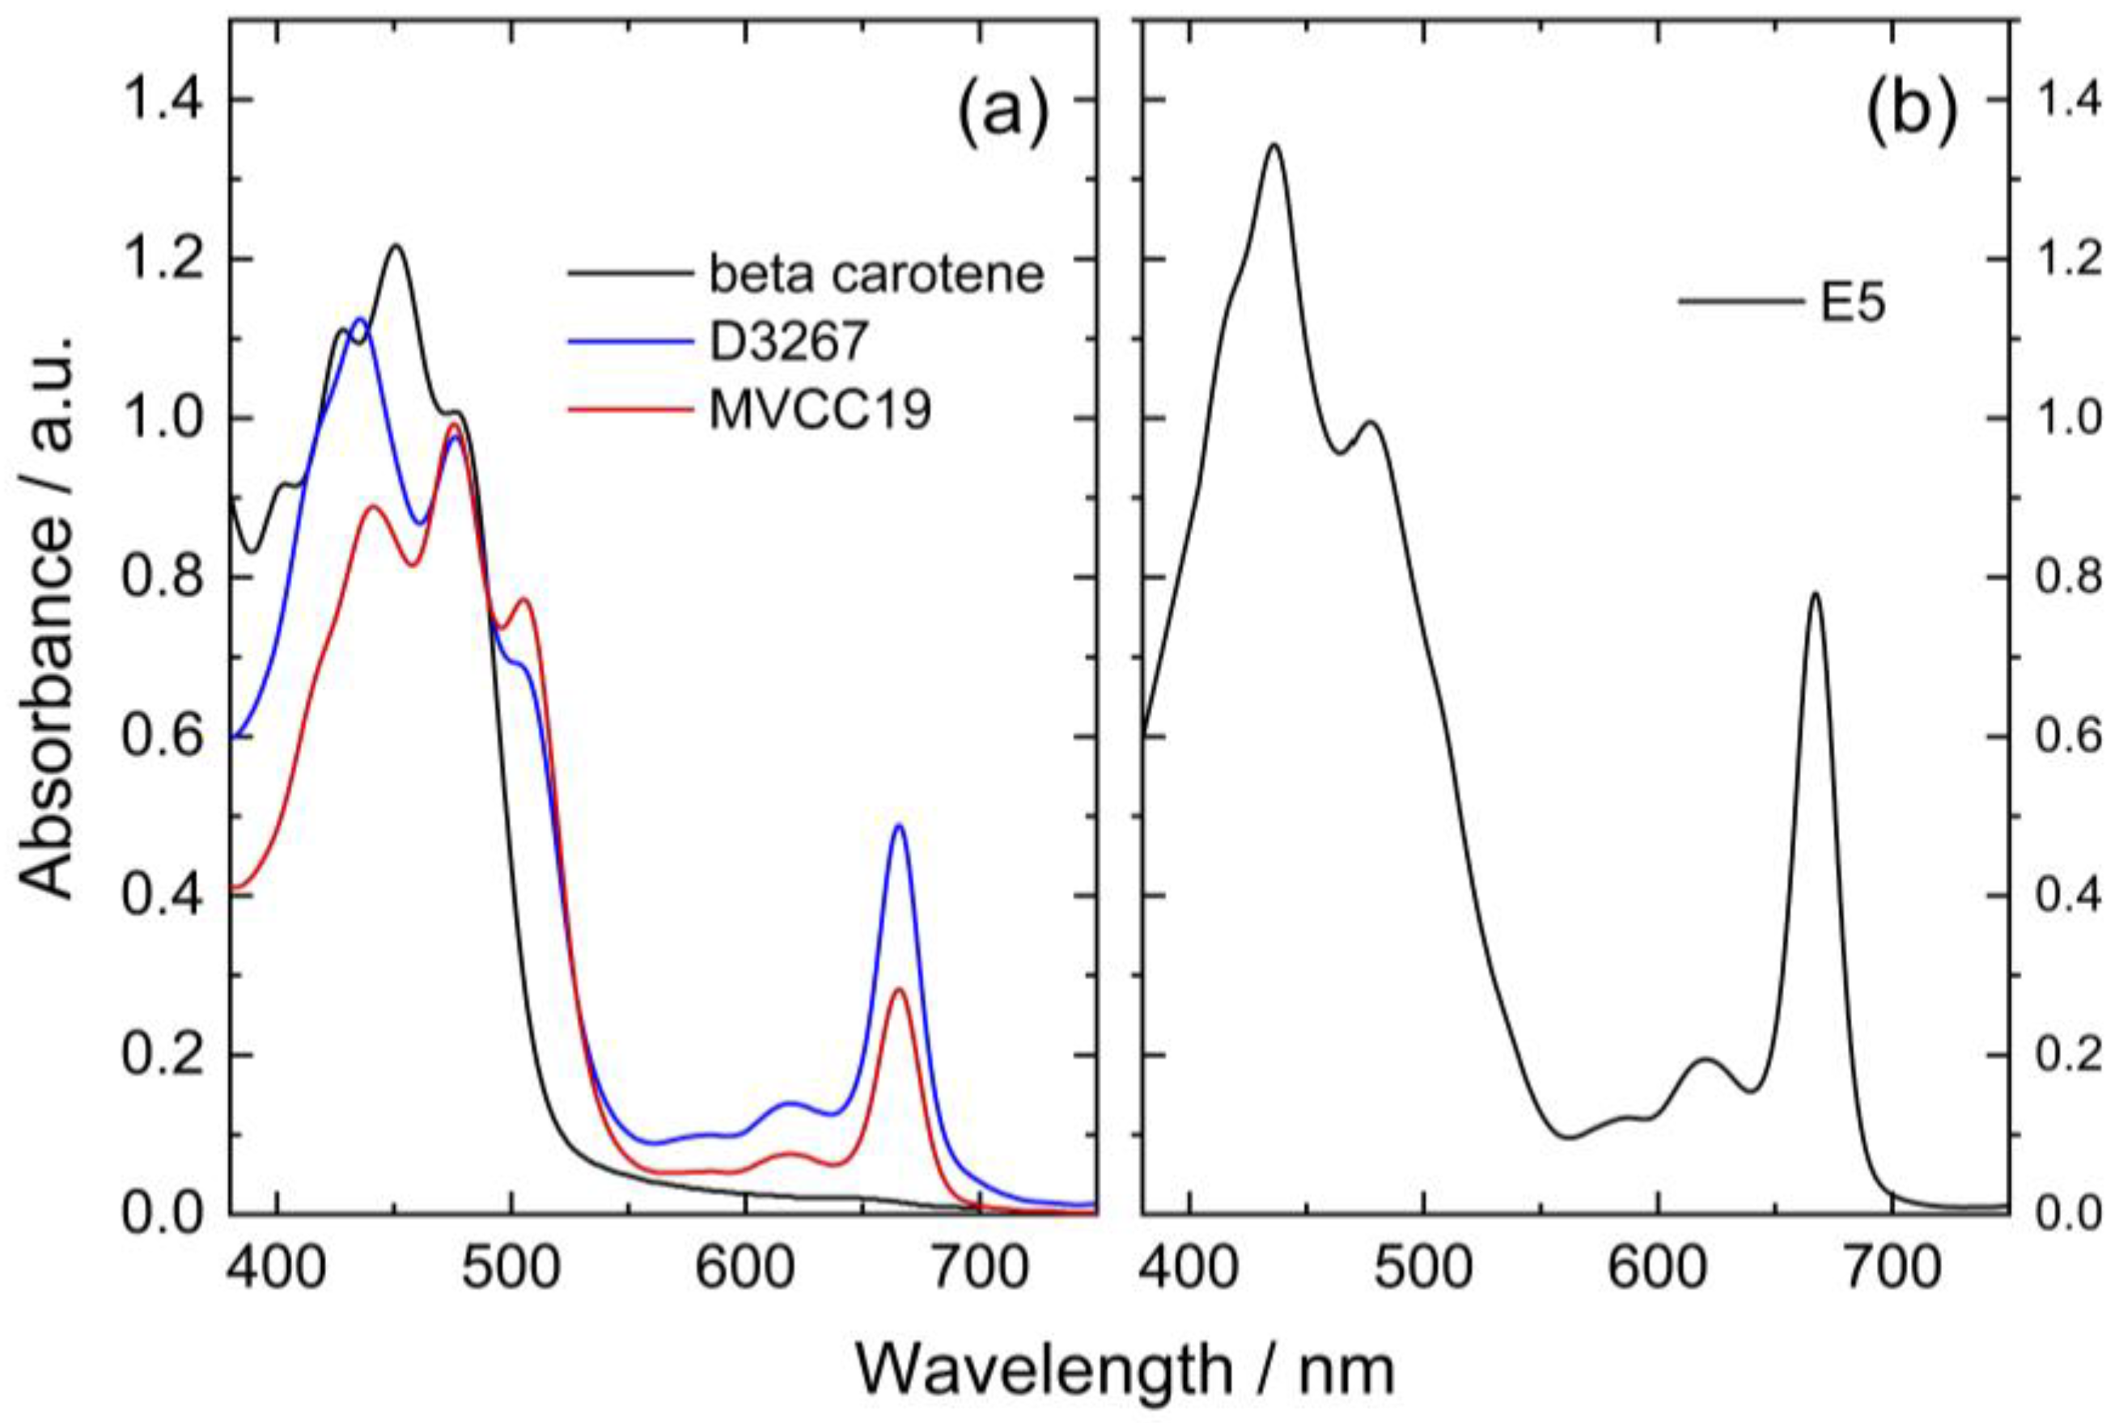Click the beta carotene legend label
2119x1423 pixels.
point(876,274)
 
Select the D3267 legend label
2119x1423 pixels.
point(789,342)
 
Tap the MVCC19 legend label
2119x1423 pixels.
point(820,410)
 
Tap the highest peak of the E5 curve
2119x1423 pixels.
point(1274,146)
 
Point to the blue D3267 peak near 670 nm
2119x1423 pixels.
point(899,825)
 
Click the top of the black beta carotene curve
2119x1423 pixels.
point(396,245)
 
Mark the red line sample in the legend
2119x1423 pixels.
point(626,410)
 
